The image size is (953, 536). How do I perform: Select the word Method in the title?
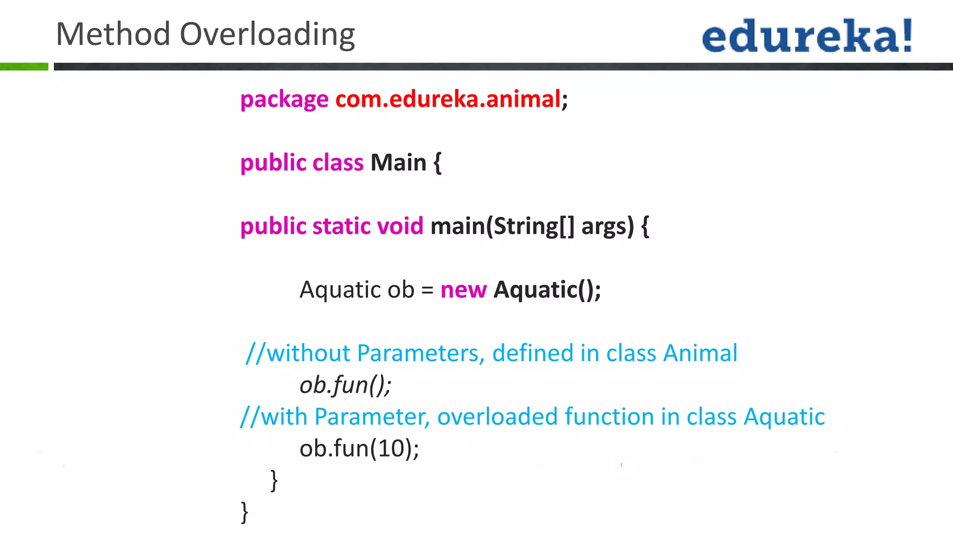[x=113, y=34]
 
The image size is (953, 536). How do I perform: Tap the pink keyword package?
[x=284, y=100]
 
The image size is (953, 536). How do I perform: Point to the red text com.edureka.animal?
[x=448, y=99]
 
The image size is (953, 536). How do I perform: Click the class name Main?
[x=398, y=163]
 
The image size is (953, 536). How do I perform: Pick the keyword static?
[x=341, y=226]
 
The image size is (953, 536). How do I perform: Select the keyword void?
[x=400, y=226]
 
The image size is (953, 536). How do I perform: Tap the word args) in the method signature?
[x=607, y=227]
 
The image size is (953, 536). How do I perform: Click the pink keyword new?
[x=463, y=290]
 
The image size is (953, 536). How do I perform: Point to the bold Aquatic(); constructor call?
[x=547, y=290]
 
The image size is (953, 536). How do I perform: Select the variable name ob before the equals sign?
[x=401, y=290]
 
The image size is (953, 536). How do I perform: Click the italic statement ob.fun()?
[x=345, y=385]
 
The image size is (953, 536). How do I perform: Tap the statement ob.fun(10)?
[x=359, y=449]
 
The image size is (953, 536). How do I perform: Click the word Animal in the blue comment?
[x=700, y=353]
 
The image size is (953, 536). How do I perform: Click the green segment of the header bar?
[x=24, y=67]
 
